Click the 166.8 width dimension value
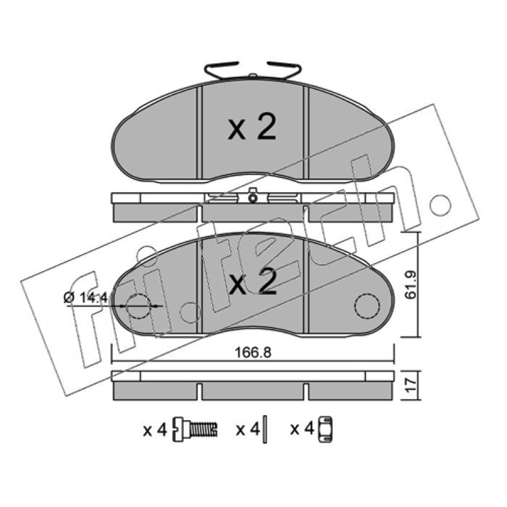(x=252, y=352)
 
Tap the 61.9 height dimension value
(x=411, y=285)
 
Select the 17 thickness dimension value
(x=411, y=385)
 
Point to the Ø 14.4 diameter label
(x=86, y=297)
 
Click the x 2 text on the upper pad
(x=252, y=128)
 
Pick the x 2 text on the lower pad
(x=252, y=281)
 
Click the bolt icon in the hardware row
(x=195, y=430)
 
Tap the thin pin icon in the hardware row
(x=265, y=429)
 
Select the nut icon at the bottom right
(x=326, y=430)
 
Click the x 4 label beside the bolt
(x=155, y=430)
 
